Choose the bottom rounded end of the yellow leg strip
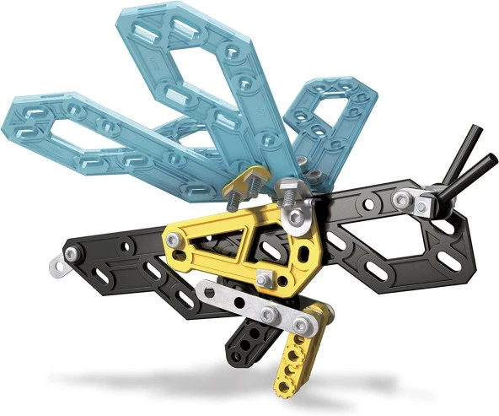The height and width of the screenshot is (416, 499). pyautogui.click(x=285, y=386)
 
